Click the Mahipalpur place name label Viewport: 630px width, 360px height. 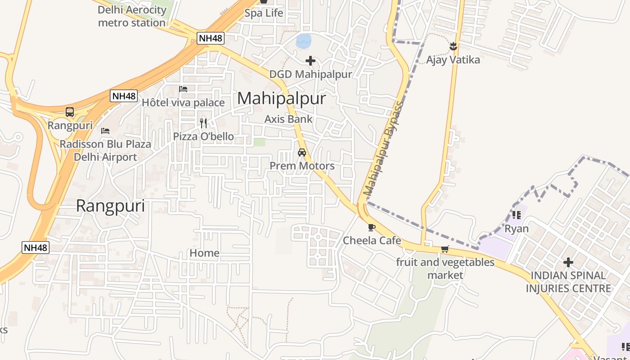[x=281, y=98]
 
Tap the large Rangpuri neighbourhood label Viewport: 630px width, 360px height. [x=110, y=206]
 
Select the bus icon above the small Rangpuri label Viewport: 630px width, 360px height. [x=70, y=112]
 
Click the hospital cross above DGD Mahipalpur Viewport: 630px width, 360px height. [x=310, y=61]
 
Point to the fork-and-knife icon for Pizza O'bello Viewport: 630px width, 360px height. [x=203, y=123]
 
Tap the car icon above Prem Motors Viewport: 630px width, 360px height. [x=302, y=153]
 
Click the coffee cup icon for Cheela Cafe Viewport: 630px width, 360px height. [x=371, y=228]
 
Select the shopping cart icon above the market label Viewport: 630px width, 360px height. [x=445, y=249]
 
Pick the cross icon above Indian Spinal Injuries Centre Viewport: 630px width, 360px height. [x=568, y=262]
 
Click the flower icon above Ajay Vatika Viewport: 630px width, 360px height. [x=453, y=46]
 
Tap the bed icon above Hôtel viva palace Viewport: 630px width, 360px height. [x=183, y=89]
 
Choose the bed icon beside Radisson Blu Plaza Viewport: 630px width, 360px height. [x=105, y=131]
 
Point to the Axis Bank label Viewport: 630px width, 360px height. [x=288, y=119]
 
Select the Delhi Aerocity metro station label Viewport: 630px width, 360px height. [x=132, y=16]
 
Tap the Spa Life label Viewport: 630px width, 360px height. [x=264, y=13]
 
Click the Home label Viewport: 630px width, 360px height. [x=204, y=253]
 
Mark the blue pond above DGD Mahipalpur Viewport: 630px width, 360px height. [x=303, y=41]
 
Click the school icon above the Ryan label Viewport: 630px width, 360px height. [x=516, y=215]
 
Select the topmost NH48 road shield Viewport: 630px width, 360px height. [x=211, y=38]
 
